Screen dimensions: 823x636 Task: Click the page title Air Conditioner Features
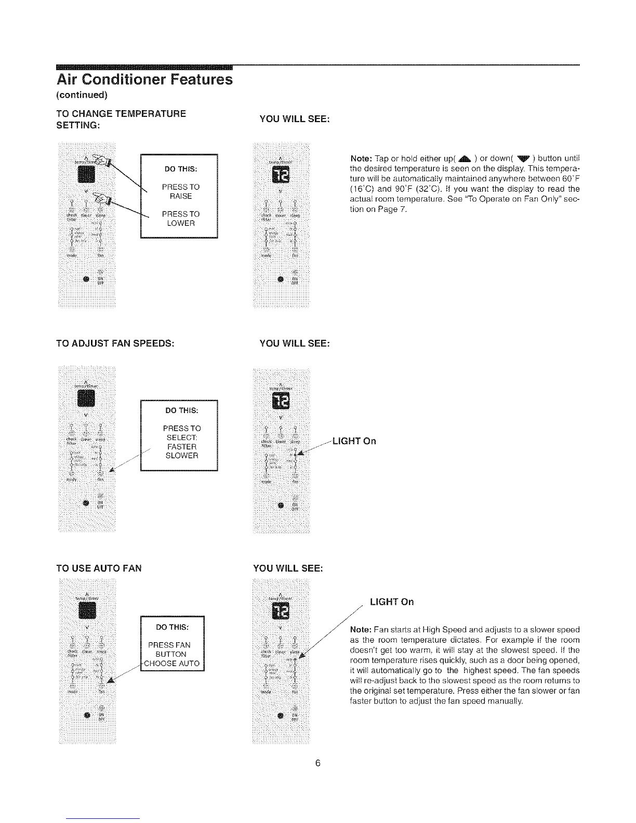pyautogui.click(x=144, y=80)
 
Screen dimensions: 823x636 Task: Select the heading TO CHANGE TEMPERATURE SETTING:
pyautogui.click(x=121, y=119)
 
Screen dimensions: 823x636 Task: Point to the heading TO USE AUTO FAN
pyautogui.click(x=99, y=568)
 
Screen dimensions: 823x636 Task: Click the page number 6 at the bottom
pyautogui.click(x=318, y=763)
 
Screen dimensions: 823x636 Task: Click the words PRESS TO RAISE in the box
pyautogui.click(x=180, y=191)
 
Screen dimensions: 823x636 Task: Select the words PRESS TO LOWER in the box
pyautogui.click(x=180, y=219)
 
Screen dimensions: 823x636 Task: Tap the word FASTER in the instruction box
pyautogui.click(x=181, y=447)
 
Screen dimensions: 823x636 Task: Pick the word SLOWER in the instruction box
pyautogui.click(x=181, y=456)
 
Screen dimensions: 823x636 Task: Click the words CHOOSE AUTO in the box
pyautogui.click(x=172, y=663)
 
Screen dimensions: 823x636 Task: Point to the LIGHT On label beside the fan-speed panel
pyautogui.click(x=354, y=441)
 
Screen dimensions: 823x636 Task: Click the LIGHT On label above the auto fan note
pyautogui.click(x=391, y=602)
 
